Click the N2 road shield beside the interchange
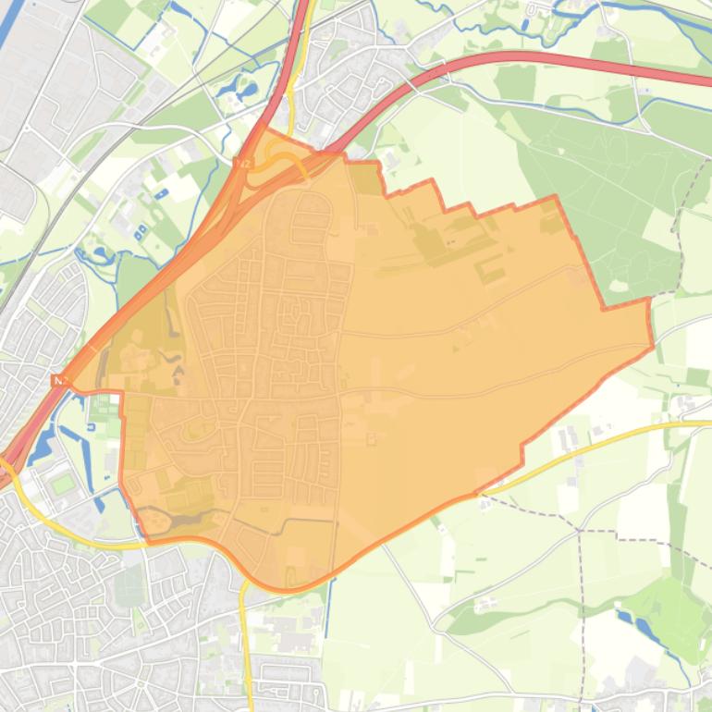tap(243, 164)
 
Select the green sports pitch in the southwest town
tap(63, 483)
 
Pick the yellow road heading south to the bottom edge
tap(246, 647)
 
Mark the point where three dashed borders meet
tap(580, 530)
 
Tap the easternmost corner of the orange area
tap(653, 346)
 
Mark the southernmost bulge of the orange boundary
tap(287, 588)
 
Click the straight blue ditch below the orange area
tap(327, 620)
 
